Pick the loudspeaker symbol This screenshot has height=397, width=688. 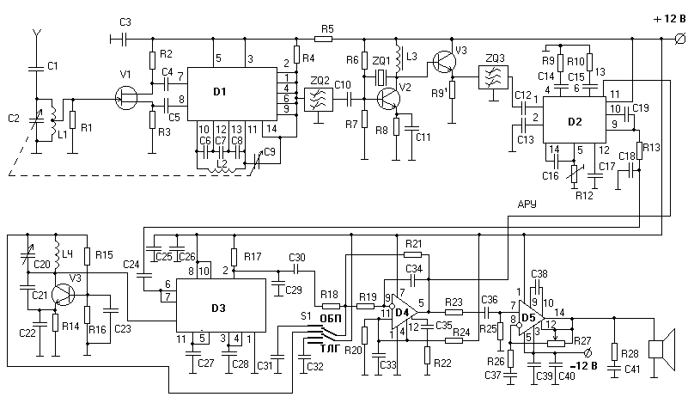[x=662, y=349]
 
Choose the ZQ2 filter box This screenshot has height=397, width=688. [x=320, y=97]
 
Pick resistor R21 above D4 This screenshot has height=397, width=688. [x=412, y=254]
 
